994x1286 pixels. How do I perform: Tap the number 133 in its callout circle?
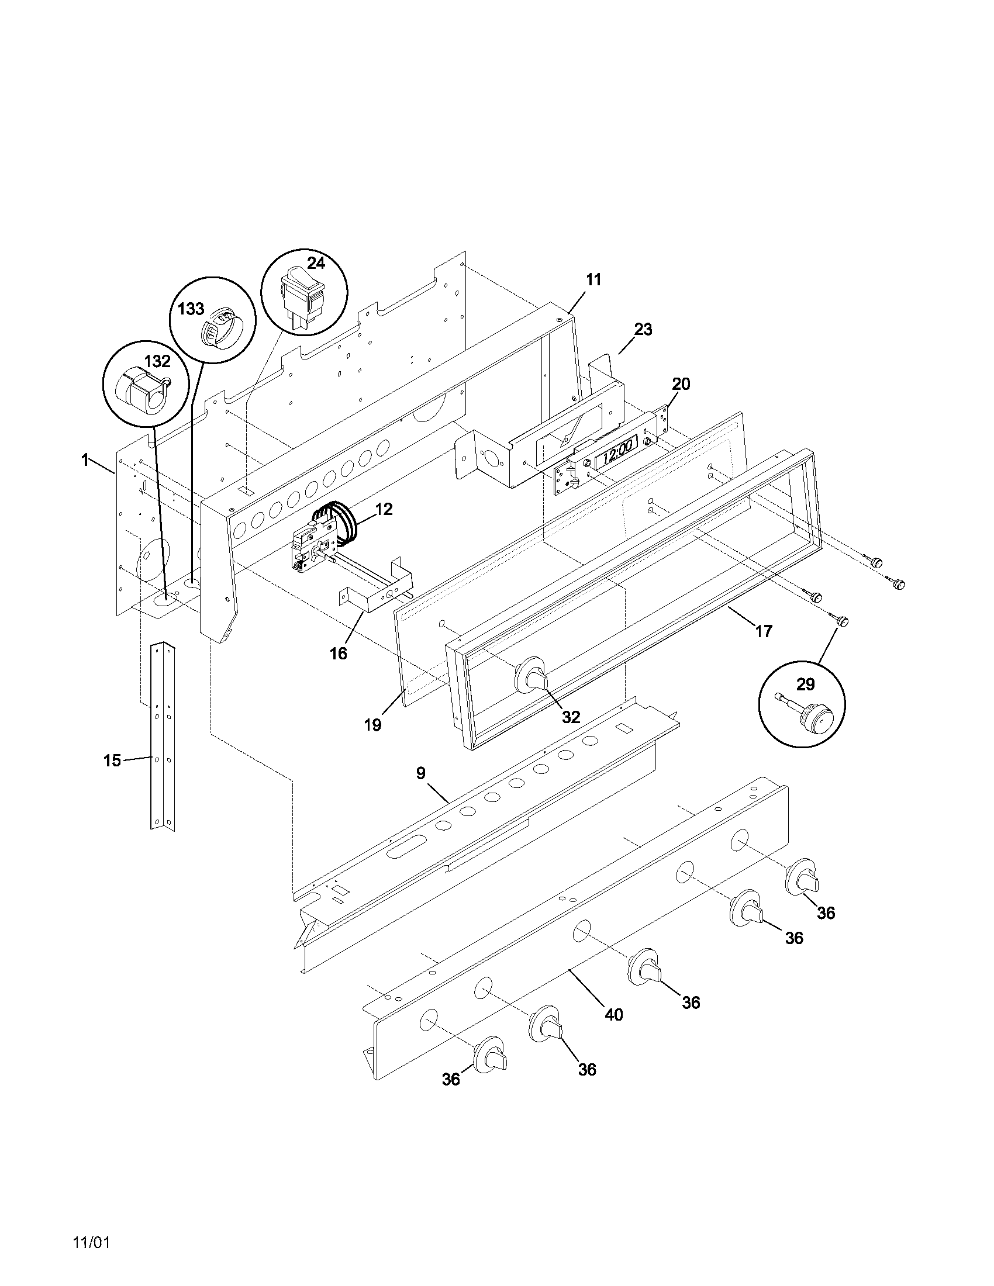[191, 309]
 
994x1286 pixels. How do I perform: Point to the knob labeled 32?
[531, 675]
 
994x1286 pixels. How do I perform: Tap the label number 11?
[593, 279]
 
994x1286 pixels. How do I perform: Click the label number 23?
[643, 330]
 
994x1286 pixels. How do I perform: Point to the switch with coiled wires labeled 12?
[318, 539]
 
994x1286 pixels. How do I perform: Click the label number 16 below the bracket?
[339, 653]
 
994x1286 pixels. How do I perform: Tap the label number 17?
[763, 632]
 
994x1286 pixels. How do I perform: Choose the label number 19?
[372, 725]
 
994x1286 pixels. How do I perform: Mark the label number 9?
[420, 773]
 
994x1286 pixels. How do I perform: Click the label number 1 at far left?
[85, 460]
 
